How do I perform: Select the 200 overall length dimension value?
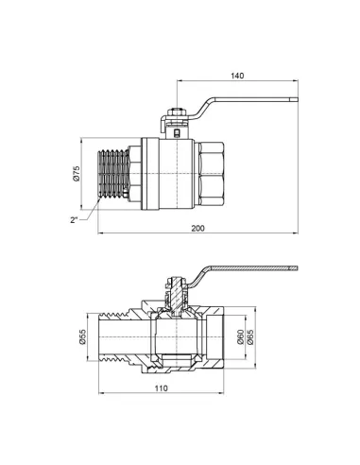[197, 229]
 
